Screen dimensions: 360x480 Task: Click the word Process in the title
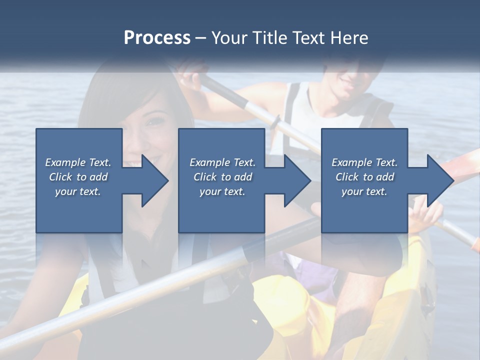click(157, 38)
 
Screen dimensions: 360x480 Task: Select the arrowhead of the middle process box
click(296, 180)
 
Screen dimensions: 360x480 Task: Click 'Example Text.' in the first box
click(78, 162)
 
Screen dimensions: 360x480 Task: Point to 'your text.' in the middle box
click(222, 191)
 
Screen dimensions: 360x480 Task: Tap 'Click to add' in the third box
click(364, 177)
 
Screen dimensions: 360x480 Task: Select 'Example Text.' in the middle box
click(222, 162)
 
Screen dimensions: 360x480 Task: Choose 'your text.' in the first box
click(78, 191)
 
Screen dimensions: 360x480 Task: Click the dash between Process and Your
click(201, 38)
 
